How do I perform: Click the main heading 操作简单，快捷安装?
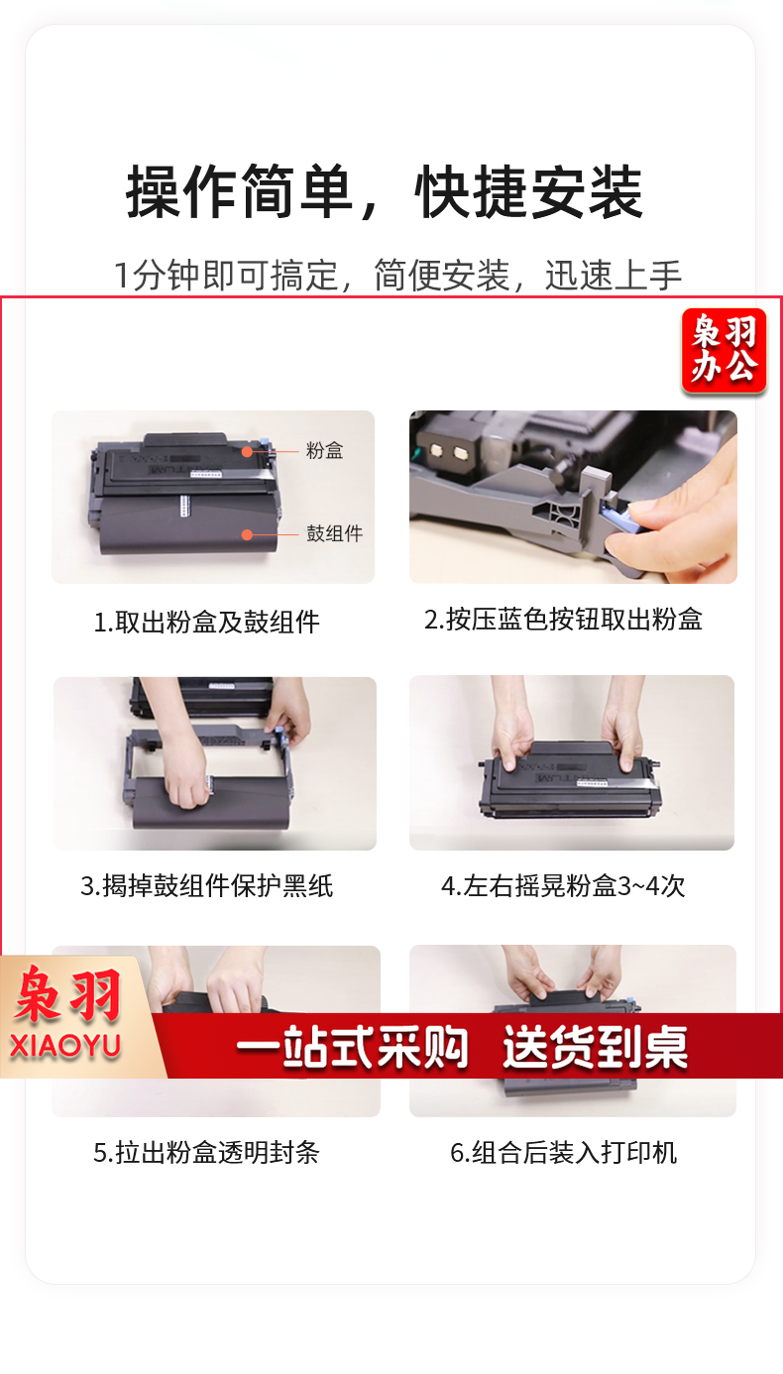point(385,192)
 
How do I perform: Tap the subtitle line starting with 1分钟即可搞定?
point(397,275)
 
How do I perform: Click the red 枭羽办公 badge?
point(725,350)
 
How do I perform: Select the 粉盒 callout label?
point(324,451)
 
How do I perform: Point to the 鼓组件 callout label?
point(334,533)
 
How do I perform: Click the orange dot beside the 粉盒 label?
point(247,452)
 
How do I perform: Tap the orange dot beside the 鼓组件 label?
point(247,535)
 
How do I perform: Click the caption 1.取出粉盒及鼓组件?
point(206,622)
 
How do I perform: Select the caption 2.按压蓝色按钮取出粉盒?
point(563,620)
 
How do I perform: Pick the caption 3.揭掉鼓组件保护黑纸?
point(206,885)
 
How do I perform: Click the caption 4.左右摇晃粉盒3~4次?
point(563,885)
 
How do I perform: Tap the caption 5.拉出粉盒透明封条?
point(206,1153)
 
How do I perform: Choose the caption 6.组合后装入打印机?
point(564,1153)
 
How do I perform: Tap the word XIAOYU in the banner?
point(65,1046)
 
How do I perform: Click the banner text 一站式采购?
point(352,1047)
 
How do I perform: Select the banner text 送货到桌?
point(596,1047)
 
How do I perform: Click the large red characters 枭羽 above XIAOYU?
point(66,994)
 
